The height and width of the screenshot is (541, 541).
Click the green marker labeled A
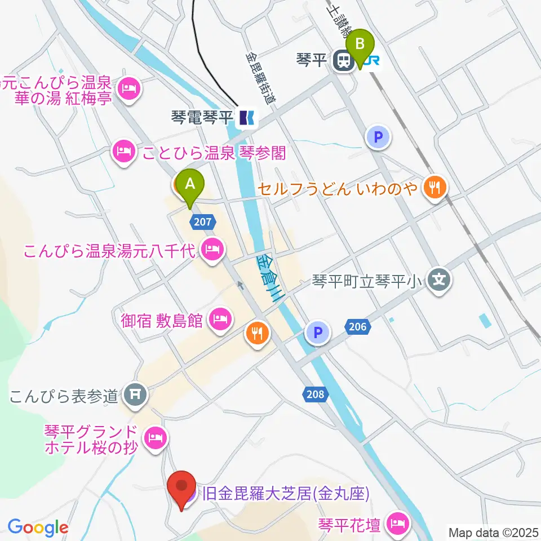pyautogui.click(x=190, y=184)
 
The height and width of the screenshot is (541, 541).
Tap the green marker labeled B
pyautogui.click(x=361, y=44)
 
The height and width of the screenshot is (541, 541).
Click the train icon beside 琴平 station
pyautogui.click(x=342, y=60)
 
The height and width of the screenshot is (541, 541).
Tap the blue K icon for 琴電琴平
pyautogui.click(x=246, y=117)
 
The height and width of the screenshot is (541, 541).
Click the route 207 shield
pyautogui.click(x=203, y=221)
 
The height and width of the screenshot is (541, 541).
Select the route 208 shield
pyautogui.click(x=316, y=394)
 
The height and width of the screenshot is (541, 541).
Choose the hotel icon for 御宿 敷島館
pyautogui.click(x=218, y=320)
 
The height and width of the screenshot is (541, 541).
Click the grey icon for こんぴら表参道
pyautogui.click(x=135, y=394)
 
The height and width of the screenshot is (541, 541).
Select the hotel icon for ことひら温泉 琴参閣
pyautogui.click(x=124, y=152)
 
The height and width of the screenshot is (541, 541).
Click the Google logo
pyautogui.click(x=38, y=527)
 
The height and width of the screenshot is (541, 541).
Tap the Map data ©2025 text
pyautogui.click(x=494, y=531)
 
